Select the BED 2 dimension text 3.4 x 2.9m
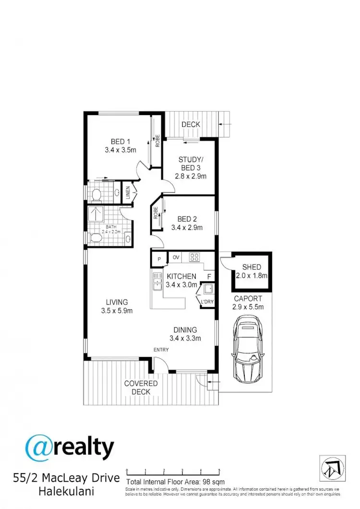(187, 228)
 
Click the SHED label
(251, 267)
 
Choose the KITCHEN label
(181, 276)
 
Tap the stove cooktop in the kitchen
(194, 257)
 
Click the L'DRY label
(207, 302)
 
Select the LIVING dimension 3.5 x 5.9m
(117, 310)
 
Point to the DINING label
(185, 330)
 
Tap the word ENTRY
(161, 350)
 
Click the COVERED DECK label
(141, 388)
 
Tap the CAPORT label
(248, 298)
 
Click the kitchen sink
(156, 282)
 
